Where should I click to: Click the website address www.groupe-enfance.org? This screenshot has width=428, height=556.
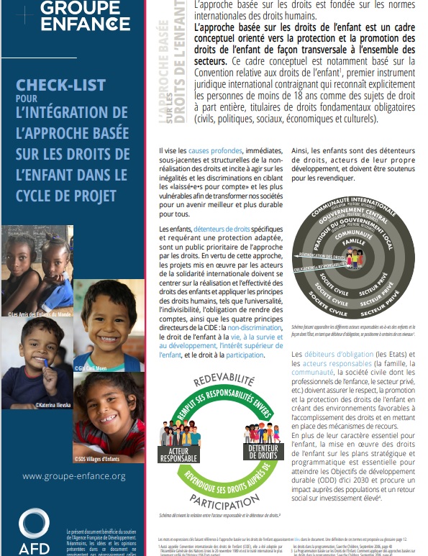click(x=74, y=476)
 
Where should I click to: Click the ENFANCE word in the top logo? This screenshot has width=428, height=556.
click(x=85, y=23)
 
